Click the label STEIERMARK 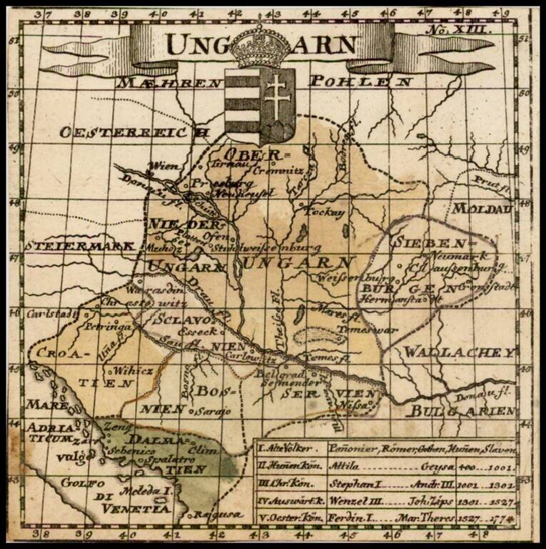[x=81, y=245]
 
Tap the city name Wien [x=161, y=168]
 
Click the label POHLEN [x=360, y=81]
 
